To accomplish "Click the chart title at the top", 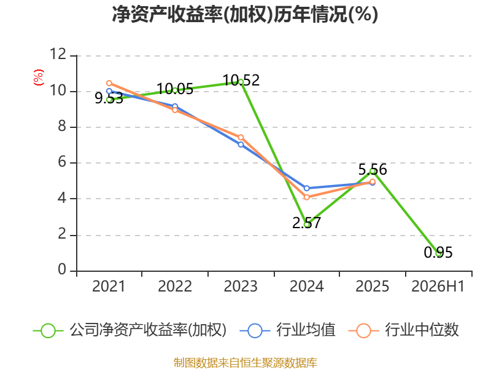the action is point(245,14).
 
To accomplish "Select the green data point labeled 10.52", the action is point(241,82).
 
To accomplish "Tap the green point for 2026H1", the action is point(438,253).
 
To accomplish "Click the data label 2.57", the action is point(306,223).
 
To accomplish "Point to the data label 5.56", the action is point(373,170).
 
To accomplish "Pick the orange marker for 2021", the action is point(109,83).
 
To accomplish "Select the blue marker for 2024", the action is point(306,188).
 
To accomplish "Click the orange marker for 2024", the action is point(306,197).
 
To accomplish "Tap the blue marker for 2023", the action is point(241,145).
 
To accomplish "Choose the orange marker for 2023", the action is point(241,137).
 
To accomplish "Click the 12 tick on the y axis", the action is point(58,55).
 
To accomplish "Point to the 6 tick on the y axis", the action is point(62,162).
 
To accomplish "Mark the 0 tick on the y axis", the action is point(62,269).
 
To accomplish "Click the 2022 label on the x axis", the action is point(175,287).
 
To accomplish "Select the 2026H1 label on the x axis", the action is point(438,287).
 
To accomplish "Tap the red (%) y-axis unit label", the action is point(39,77).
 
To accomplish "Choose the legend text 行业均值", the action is point(306,330).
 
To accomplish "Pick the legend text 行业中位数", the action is point(422,330).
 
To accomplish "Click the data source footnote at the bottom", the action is point(245,363).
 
